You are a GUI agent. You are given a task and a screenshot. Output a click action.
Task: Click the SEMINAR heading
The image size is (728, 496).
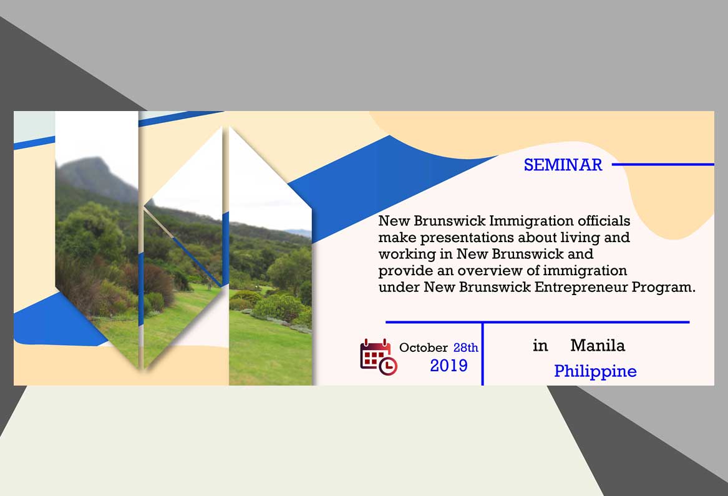pos(563,165)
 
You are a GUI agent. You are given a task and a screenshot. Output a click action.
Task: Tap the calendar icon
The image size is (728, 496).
pos(379,357)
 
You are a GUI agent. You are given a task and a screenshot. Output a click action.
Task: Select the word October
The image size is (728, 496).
pos(424,348)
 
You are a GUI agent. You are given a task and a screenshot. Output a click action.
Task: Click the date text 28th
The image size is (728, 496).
pos(465,348)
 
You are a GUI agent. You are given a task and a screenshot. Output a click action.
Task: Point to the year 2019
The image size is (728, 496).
pos(449,366)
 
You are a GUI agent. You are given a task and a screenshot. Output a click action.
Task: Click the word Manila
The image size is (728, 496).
pos(598,346)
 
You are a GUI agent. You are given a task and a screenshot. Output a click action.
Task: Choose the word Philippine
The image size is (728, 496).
pos(595,372)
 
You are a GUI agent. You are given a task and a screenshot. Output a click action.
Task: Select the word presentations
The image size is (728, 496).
pos(467,238)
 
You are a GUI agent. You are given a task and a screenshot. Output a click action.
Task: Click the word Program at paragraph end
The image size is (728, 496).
pos(663,288)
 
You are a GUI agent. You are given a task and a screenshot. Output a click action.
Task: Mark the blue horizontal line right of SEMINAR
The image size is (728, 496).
pos(663,165)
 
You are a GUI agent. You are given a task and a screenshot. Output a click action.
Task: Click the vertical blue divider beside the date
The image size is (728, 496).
pos(483,354)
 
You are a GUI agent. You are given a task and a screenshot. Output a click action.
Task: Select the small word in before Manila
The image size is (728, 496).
pos(540,346)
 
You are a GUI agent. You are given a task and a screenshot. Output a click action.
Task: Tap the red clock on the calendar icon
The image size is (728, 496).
pos(388,366)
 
